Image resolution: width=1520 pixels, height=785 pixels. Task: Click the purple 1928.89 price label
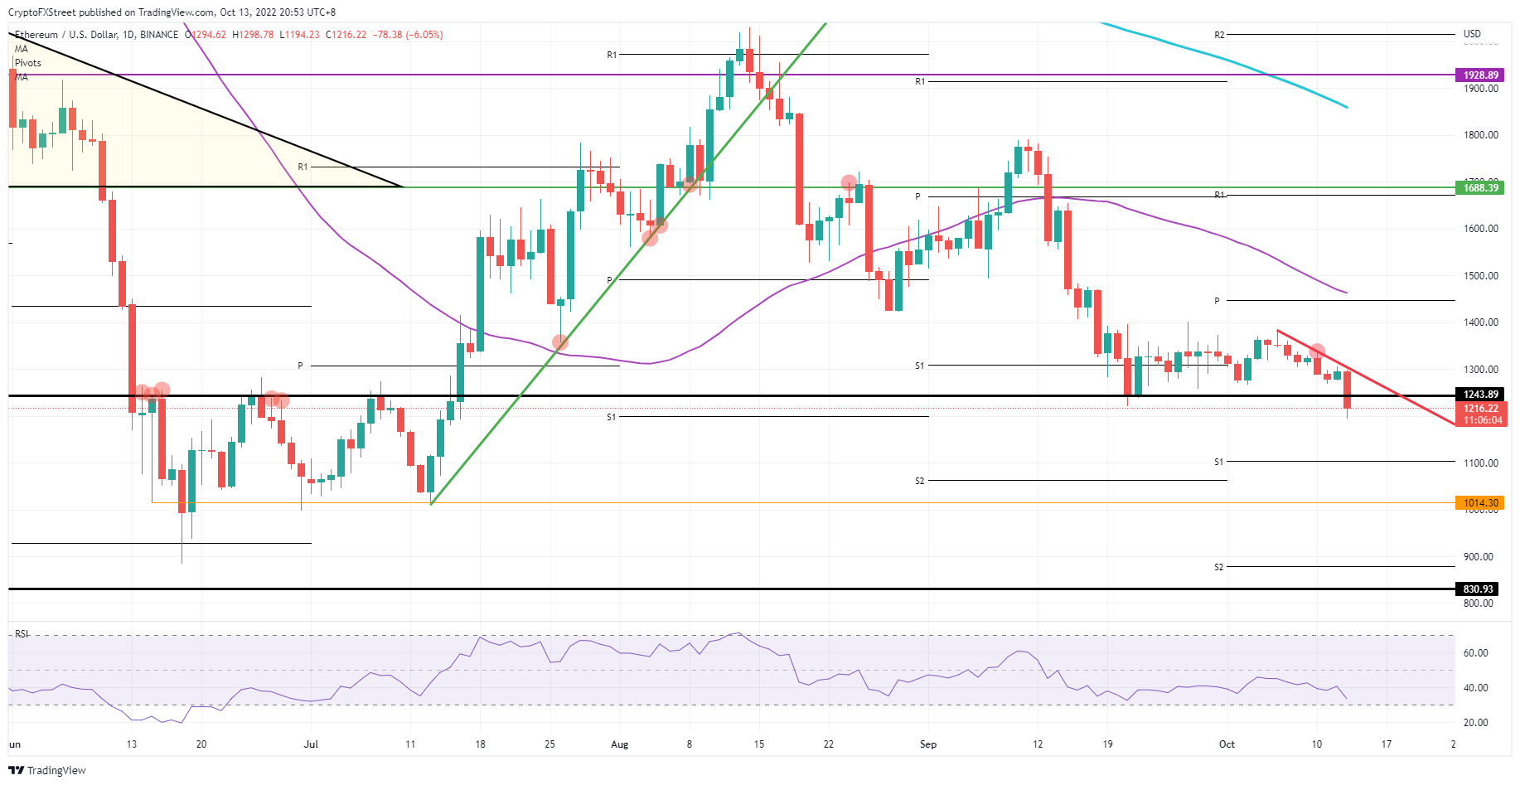(x=1480, y=75)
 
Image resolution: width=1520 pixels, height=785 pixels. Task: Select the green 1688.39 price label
(x=1480, y=188)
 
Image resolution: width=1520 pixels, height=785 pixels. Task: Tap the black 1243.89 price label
(x=1480, y=395)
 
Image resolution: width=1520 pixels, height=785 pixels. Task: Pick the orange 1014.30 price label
(x=1480, y=503)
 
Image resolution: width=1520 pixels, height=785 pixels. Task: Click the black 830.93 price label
(x=1478, y=589)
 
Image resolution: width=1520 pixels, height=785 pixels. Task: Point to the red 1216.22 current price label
(x=1480, y=409)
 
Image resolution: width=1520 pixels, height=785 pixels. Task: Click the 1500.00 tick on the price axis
(x=1480, y=276)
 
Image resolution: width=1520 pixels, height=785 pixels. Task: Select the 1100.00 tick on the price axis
(x=1480, y=463)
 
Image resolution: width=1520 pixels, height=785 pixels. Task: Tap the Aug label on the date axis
(x=619, y=744)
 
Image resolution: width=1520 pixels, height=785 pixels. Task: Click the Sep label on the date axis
(x=928, y=744)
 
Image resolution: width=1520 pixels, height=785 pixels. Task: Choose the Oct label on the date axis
(x=1227, y=744)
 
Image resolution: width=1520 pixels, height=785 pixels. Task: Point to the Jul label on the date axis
(x=311, y=744)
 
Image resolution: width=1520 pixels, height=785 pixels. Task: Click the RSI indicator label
(x=22, y=634)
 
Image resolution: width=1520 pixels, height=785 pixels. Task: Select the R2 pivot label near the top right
(x=1219, y=36)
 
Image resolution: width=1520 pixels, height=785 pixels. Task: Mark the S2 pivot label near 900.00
(x=1218, y=568)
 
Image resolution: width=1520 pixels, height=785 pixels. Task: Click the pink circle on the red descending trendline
(x=1317, y=351)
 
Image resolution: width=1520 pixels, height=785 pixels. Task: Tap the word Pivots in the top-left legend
(x=28, y=63)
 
